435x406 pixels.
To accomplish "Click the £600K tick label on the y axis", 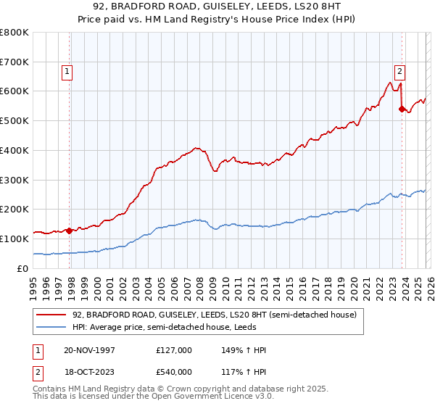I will pos(14,91).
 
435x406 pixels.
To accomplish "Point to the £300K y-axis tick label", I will pos(14,180).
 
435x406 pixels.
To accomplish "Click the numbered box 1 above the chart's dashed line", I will pos(67,71).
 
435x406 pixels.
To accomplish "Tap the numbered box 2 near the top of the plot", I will pos(399,71).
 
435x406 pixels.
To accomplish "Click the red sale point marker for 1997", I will pos(70,231).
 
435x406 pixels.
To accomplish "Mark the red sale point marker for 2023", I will pos(401,109).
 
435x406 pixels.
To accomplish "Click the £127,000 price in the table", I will pos(174,350).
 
